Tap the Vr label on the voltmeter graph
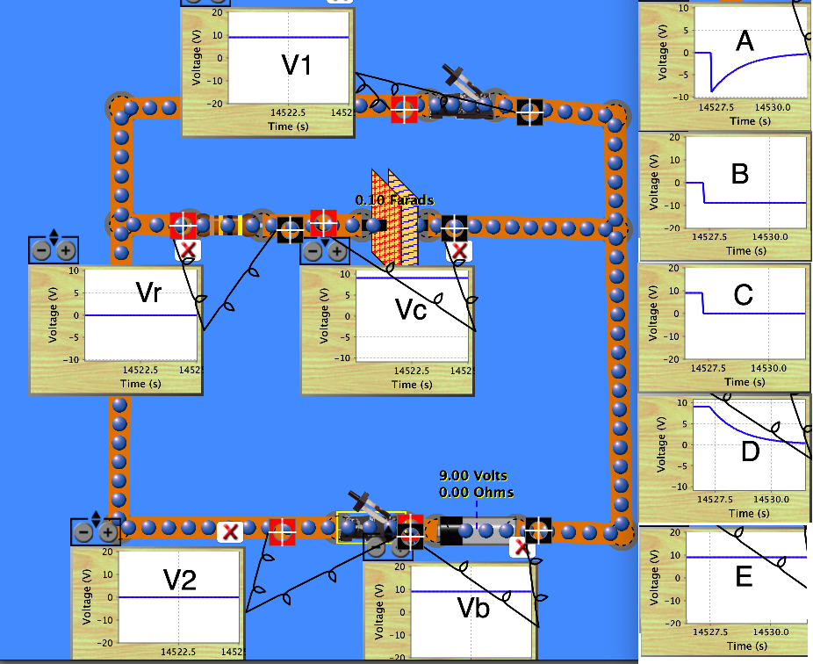pyautogui.click(x=148, y=292)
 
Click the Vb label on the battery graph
pyautogui.click(x=474, y=607)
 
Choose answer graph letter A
pyautogui.click(x=745, y=40)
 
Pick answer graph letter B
pyautogui.click(x=739, y=174)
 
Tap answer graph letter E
pyautogui.click(x=744, y=576)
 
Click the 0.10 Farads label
pyautogui.click(x=395, y=200)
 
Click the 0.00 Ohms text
pyautogui.click(x=476, y=493)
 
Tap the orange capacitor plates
pyautogui.click(x=392, y=219)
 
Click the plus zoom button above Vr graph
pyautogui.click(x=66, y=250)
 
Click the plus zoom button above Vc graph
pyautogui.click(x=337, y=251)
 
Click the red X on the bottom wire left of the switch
pyautogui.click(x=230, y=531)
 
